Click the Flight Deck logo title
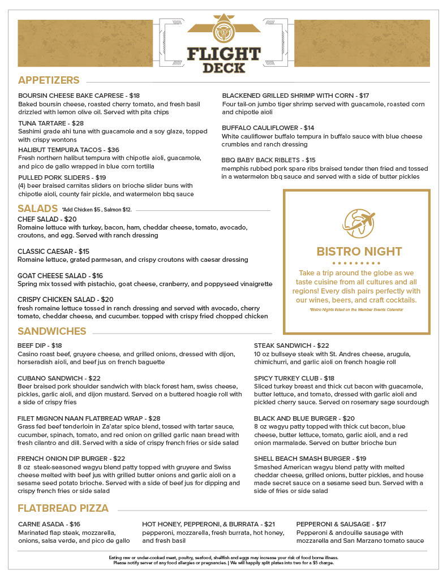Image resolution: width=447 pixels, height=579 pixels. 223,60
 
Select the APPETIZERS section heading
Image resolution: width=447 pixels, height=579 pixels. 49,80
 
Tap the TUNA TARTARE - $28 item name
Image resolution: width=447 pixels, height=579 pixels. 51,123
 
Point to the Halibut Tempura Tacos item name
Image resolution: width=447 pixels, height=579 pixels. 68,150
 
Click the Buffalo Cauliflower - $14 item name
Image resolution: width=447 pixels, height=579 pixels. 268,128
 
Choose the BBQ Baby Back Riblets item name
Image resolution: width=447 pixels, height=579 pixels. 268,160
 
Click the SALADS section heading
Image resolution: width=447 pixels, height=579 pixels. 37,208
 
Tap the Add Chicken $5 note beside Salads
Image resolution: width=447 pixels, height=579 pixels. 97,210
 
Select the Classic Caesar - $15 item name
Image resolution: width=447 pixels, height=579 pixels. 53,251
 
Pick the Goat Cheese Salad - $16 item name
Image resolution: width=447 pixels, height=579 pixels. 60,276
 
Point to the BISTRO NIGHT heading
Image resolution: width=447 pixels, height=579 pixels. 359,251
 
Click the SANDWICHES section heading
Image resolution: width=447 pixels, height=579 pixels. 51,331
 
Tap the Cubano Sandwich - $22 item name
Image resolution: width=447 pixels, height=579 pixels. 59,378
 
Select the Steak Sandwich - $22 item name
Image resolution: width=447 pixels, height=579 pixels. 291,345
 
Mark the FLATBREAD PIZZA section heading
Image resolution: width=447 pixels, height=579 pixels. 63,508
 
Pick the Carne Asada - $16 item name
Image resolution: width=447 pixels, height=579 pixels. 49,524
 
